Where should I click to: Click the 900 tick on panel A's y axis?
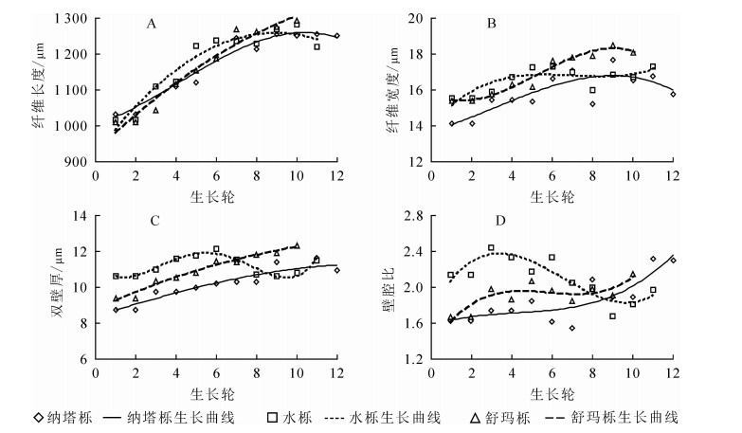(x=78, y=161)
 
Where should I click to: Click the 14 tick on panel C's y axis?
(x=80, y=216)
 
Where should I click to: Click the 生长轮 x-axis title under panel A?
(x=215, y=195)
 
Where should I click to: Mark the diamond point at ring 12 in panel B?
(x=672, y=94)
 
